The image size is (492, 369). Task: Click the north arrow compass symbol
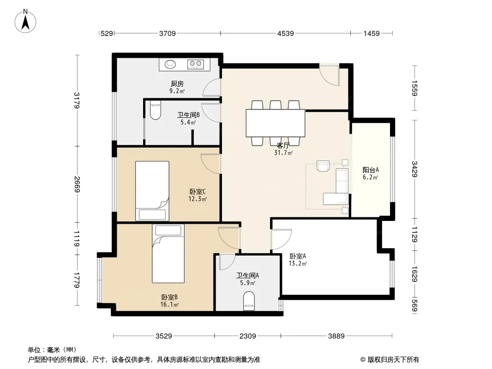coord(25,21)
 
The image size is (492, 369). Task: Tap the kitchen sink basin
coord(170,64)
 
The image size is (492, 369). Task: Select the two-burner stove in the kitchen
coord(196,64)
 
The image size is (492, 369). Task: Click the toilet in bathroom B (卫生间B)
coord(156,110)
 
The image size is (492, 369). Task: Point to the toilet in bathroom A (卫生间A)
coord(249,301)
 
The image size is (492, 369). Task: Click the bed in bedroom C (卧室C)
coord(152,191)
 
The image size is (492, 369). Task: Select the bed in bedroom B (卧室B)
coord(168,254)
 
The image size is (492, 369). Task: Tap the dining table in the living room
coord(276,123)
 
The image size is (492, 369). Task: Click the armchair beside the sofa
coord(323,166)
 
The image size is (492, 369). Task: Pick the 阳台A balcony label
coord(371,170)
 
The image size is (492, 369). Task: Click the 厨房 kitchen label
coord(177,83)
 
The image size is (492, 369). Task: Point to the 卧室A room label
coord(298,256)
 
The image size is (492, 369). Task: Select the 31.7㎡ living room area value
coord(284,153)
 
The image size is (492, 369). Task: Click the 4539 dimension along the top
coord(286,33)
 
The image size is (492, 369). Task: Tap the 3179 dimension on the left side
coord(77,101)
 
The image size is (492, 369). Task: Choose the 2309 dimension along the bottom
coord(247,336)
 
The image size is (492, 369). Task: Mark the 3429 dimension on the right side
coord(414,169)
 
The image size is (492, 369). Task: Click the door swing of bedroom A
coord(282,239)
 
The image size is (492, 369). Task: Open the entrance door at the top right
coord(330,75)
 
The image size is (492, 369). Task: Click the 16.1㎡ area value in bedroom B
coord(170,304)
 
